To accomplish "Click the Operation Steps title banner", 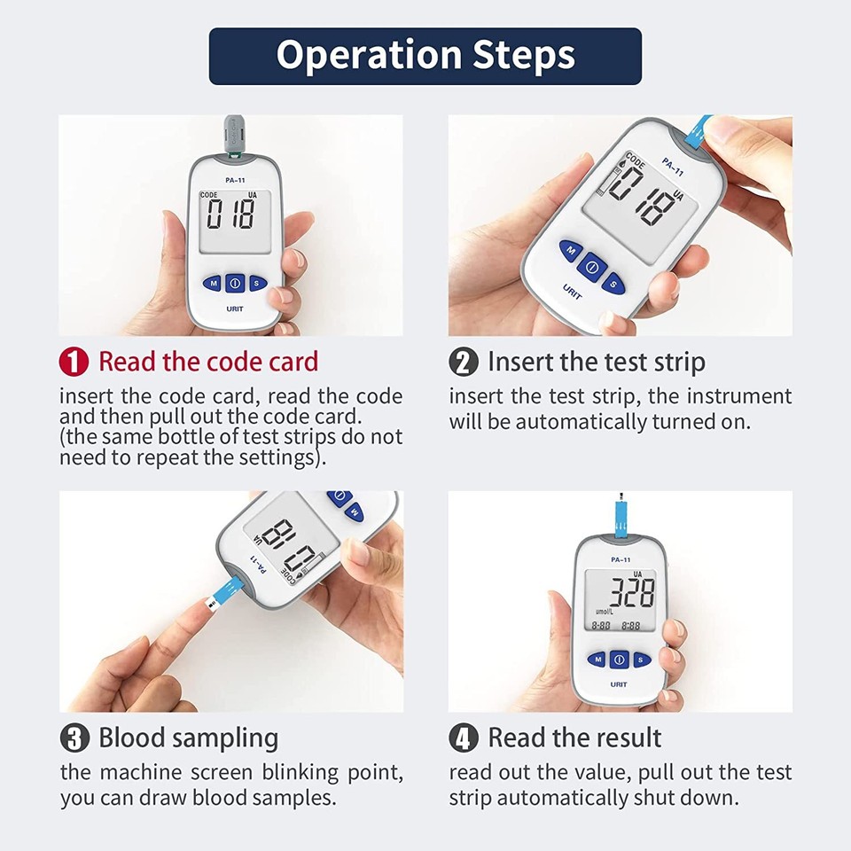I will pos(425,56).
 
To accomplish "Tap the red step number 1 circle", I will pos(74,362).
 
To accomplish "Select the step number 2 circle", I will pos(464,362).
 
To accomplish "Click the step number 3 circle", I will pos(74,738).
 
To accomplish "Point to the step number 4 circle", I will pos(464,738).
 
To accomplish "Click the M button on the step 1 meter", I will pos(212,284).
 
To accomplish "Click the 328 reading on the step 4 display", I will pos(625,593).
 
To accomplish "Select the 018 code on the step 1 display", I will pos(230,215).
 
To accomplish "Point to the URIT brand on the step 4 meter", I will pos(619,684).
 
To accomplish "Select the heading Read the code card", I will pos(207,362).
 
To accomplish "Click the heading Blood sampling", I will pos(188,738).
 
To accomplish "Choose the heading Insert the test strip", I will pos(596,362).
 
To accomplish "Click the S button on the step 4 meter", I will pos(642,660).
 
